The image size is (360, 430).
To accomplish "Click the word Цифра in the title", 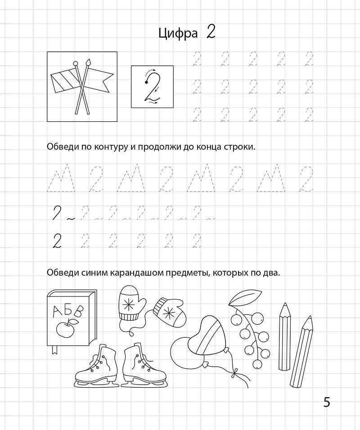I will click(x=178, y=34).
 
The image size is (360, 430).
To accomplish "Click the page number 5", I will click(x=327, y=402).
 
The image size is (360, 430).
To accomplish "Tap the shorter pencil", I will click(x=284, y=335).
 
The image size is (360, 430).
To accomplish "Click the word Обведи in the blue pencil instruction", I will click(x=59, y=273).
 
